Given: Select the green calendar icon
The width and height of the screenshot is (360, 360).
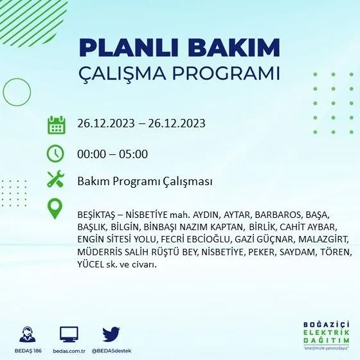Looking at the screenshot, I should (x=57, y=124).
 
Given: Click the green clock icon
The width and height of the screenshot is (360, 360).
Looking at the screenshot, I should (x=57, y=154).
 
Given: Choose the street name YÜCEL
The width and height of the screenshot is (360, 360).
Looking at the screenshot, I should (x=90, y=264).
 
